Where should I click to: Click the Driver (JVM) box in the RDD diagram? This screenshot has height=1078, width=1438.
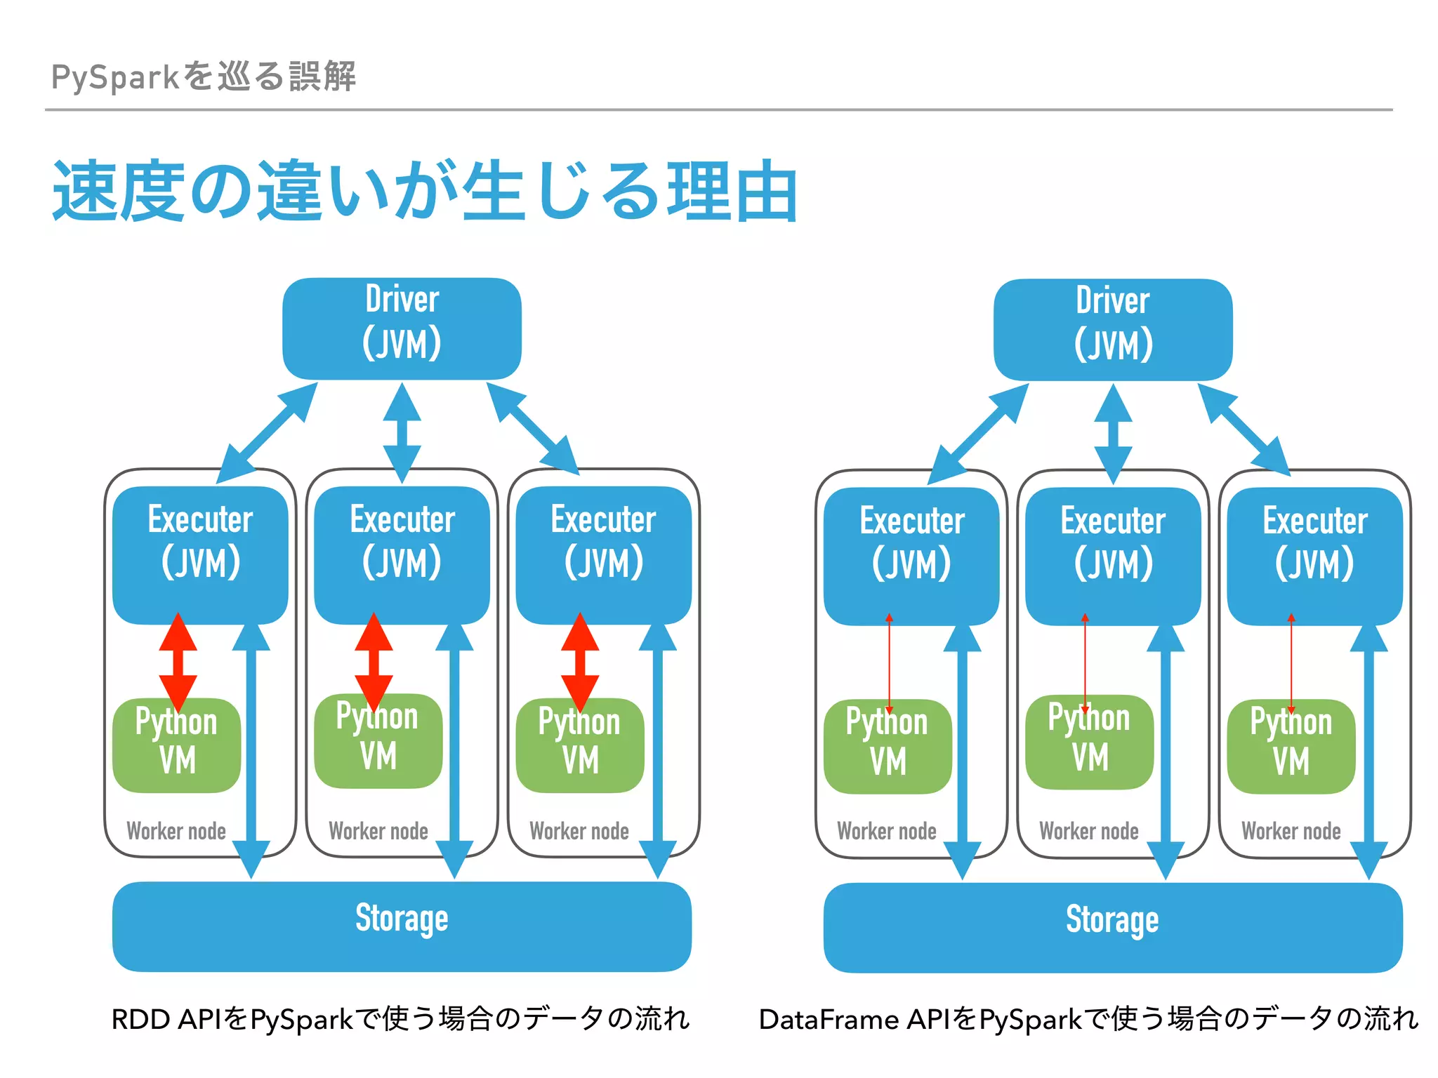pos(402,328)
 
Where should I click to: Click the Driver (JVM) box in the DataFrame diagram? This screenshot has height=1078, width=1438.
pos(1113,330)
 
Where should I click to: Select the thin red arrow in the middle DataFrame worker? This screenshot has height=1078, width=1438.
pos(1085,663)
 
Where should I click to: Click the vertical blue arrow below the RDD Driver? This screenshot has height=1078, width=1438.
pos(402,432)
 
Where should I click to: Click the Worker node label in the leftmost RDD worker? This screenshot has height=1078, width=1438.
pos(176,831)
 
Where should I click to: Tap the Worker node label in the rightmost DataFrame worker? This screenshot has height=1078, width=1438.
pos(1291,831)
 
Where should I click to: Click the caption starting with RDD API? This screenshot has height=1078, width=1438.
pos(400,1018)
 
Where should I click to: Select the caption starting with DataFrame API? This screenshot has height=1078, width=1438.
pos(1088,1018)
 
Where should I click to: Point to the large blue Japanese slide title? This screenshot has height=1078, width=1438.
pos(425,191)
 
